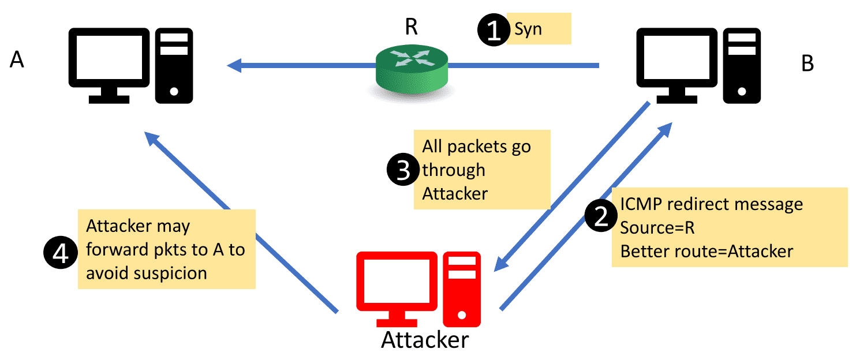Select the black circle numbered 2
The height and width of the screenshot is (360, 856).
[x=600, y=216]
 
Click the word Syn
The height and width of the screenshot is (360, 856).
[x=528, y=29]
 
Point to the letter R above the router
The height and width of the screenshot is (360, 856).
[x=411, y=27]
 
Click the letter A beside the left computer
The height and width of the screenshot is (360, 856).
[x=17, y=59]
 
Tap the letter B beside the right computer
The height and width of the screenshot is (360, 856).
[x=808, y=64]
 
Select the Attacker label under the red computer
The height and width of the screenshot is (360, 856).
[x=425, y=340]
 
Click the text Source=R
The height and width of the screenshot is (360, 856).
[x=657, y=227]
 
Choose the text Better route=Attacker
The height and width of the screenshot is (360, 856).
[x=707, y=251]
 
